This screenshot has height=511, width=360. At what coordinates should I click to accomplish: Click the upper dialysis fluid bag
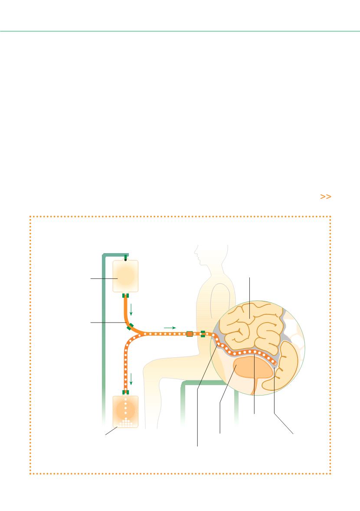(x=125, y=277)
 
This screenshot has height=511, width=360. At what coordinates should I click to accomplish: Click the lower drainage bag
(x=125, y=411)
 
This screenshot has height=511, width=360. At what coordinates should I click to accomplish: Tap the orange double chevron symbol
(x=325, y=197)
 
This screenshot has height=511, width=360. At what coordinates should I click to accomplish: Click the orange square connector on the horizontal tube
(x=189, y=334)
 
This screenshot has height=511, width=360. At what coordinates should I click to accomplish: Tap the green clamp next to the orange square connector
(x=203, y=334)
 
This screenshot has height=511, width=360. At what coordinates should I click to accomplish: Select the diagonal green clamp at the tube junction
(x=130, y=326)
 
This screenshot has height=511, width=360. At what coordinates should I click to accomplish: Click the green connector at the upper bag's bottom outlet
(x=125, y=296)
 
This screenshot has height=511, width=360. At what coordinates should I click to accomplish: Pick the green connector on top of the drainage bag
(x=125, y=392)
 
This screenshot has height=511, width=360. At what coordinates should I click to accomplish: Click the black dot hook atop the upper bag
(x=125, y=260)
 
